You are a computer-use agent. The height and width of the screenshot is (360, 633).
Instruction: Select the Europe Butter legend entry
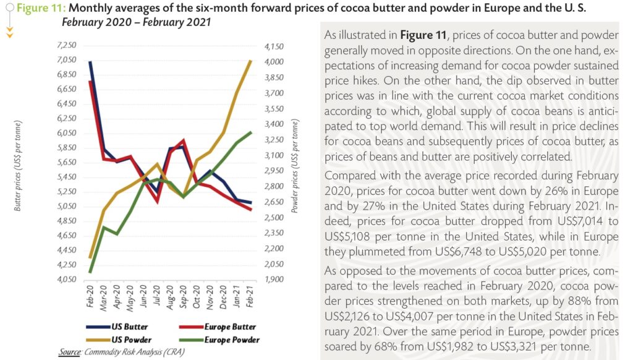(219, 327)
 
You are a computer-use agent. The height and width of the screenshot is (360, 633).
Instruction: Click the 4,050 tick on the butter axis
(66, 280)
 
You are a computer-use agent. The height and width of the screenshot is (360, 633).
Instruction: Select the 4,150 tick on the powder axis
(273, 47)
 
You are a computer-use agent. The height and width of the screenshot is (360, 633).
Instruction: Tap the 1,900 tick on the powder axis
(273, 280)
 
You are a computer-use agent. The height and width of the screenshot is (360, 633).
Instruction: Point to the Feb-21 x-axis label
(250, 295)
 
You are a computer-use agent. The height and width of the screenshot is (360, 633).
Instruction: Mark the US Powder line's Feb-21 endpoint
(250, 61)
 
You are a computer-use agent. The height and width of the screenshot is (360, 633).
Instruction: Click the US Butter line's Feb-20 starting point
(91, 62)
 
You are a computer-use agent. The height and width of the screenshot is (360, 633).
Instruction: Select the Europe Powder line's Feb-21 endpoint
(250, 132)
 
